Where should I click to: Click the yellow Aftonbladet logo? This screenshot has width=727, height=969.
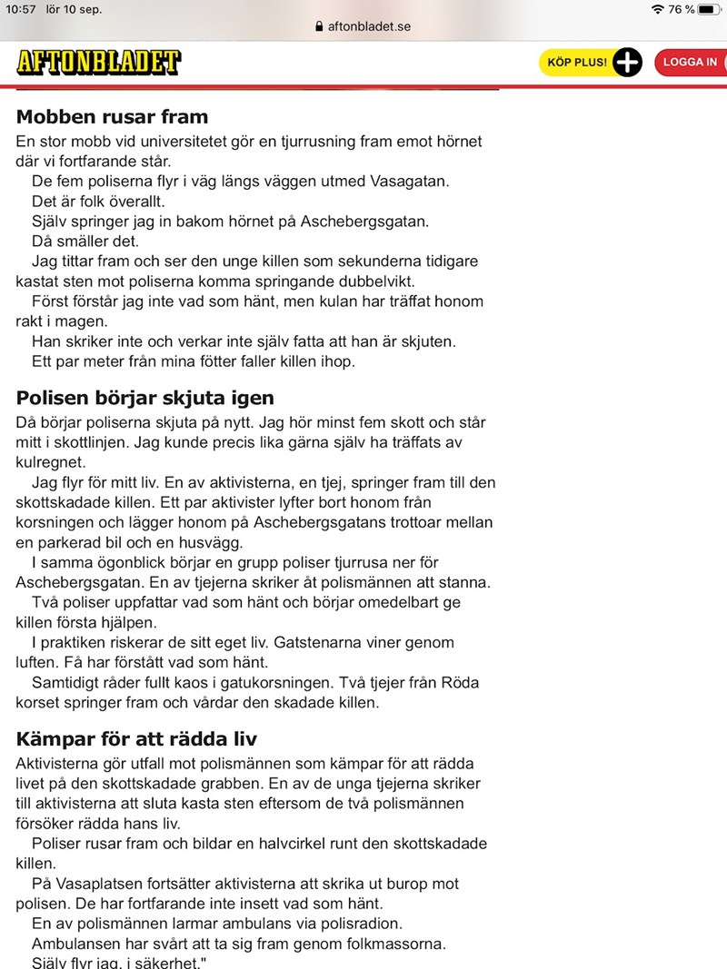tap(98, 62)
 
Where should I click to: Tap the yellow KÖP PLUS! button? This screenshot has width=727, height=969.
tap(577, 62)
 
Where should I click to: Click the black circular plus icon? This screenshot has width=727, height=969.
tap(627, 62)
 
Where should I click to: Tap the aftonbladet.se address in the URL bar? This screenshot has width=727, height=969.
tap(369, 26)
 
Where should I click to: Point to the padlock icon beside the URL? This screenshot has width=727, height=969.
tap(318, 26)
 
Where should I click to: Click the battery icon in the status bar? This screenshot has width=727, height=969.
tap(708, 9)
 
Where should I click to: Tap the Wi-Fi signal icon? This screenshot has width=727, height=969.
tap(658, 9)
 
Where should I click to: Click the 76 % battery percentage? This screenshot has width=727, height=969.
tap(682, 9)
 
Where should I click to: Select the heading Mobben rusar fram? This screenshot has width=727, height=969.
tap(112, 117)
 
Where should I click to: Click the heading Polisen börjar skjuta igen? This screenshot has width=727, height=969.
tap(144, 399)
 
